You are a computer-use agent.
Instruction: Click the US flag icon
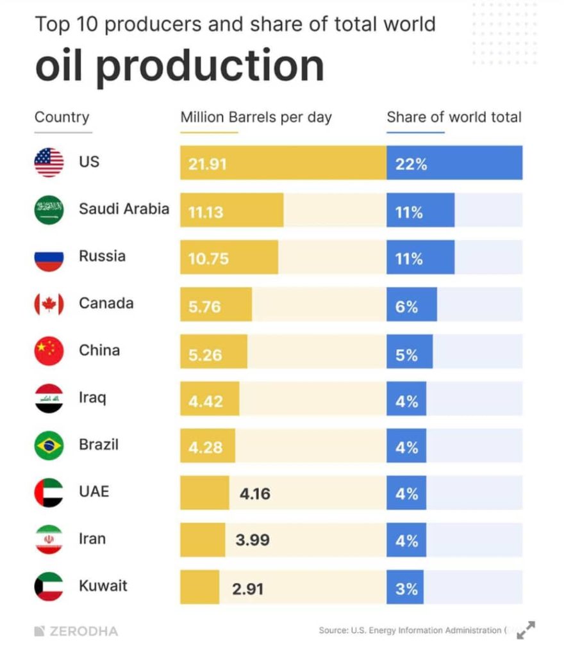(49, 163)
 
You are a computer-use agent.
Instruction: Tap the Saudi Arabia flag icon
(49, 210)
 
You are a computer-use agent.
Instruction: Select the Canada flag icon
(49, 304)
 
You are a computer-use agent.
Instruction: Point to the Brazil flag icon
(49, 445)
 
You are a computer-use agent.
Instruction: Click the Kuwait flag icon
(49, 587)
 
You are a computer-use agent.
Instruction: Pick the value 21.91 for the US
(208, 164)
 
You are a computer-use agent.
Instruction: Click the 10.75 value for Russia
(208, 259)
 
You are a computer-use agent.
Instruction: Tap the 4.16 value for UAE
(254, 494)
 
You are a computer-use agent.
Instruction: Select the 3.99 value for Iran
(253, 541)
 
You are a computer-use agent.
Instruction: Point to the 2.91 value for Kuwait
(248, 588)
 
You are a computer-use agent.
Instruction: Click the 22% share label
(411, 164)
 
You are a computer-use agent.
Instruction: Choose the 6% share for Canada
(406, 306)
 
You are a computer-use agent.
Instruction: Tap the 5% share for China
(406, 354)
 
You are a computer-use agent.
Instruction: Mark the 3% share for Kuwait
(406, 588)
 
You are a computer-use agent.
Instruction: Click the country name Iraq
(92, 397)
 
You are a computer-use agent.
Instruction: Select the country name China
(99, 350)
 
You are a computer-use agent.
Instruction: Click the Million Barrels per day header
(256, 117)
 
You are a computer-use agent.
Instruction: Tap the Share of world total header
(454, 117)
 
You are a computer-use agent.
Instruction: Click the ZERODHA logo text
(76, 631)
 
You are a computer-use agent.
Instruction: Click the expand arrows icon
(526, 630)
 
